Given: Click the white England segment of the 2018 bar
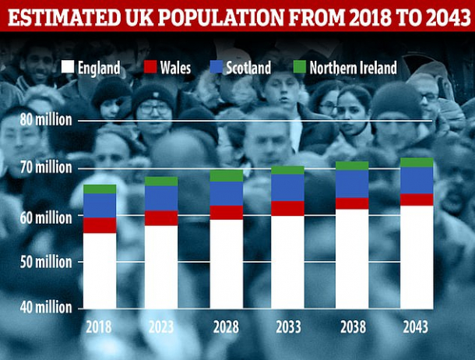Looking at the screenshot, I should point(99,270).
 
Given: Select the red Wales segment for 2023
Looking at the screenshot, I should point(161,218).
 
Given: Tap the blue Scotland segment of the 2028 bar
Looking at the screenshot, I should point(226,193).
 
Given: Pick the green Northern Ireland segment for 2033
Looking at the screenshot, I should point(288,170).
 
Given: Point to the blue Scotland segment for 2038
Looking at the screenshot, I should point(352,183).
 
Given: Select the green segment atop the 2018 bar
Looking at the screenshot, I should point(99,189).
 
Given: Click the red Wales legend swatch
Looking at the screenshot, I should point(150,67).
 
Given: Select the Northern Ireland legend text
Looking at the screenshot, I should point(353,68).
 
